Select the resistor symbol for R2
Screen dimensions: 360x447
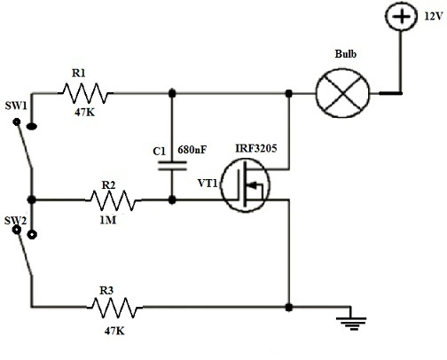[114, 200]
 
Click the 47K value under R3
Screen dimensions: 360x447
[114, 332]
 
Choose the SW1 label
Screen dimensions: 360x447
[16, 107]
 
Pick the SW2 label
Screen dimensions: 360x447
[15, 218]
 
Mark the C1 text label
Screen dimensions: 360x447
[160, 152]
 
